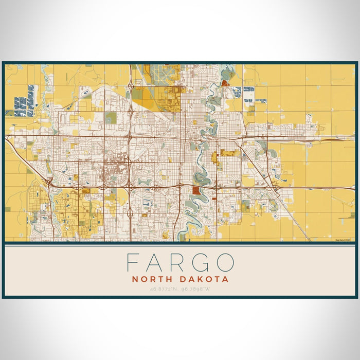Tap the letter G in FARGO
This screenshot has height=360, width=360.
tap(201, 262)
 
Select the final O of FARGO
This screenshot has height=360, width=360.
tap(225, 262)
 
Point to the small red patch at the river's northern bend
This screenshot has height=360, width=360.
tap(225, 83)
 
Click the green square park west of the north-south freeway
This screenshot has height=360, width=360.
tap(111, 117)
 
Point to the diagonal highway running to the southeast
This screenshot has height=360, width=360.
tap(288, 211)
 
